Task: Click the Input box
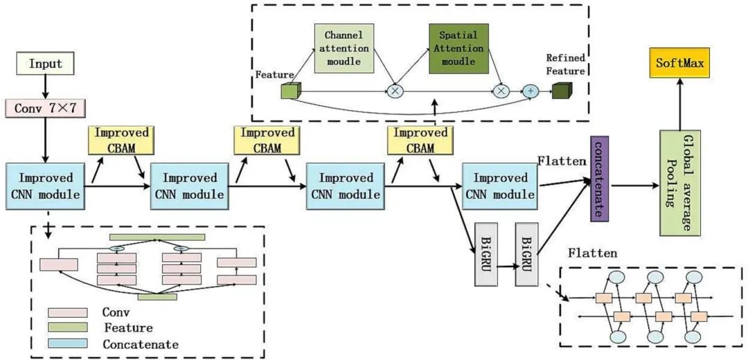44,64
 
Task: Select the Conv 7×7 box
45,107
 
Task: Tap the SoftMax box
679,63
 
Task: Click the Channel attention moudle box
344,49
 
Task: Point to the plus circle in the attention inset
530,91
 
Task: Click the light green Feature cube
288,91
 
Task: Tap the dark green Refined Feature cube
560,91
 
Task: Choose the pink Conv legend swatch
67,313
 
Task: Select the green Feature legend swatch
67,327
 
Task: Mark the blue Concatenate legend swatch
67,343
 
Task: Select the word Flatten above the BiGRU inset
592,253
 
